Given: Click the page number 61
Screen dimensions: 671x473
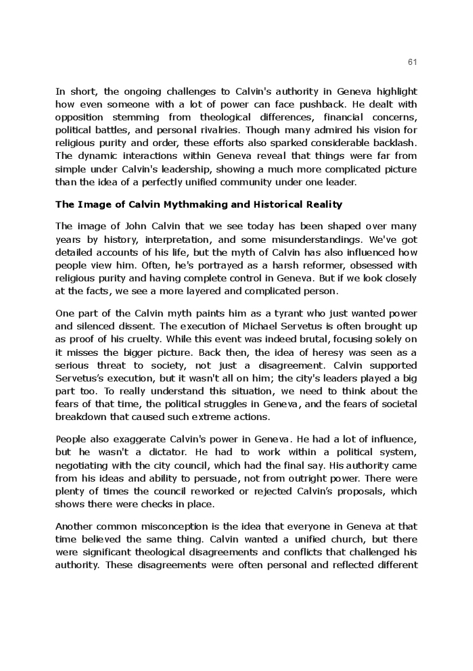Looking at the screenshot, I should pos(412,62).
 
